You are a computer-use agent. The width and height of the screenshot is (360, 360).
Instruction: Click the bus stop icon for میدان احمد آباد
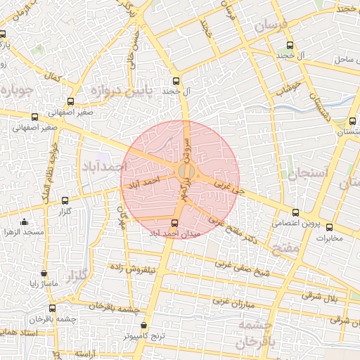pos(175,224)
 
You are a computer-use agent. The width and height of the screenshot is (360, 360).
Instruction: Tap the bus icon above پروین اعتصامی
pos(295,212)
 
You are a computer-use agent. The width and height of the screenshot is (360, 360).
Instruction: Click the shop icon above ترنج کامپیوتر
pos(144,326)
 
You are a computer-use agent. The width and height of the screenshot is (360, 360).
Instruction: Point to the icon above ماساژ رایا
pos(44,274)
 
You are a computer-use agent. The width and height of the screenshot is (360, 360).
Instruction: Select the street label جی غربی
pos(229,188)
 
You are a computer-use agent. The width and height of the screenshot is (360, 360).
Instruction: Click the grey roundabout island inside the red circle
pos(186,172)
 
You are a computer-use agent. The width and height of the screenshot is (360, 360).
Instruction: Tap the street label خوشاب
pos(288,89)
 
